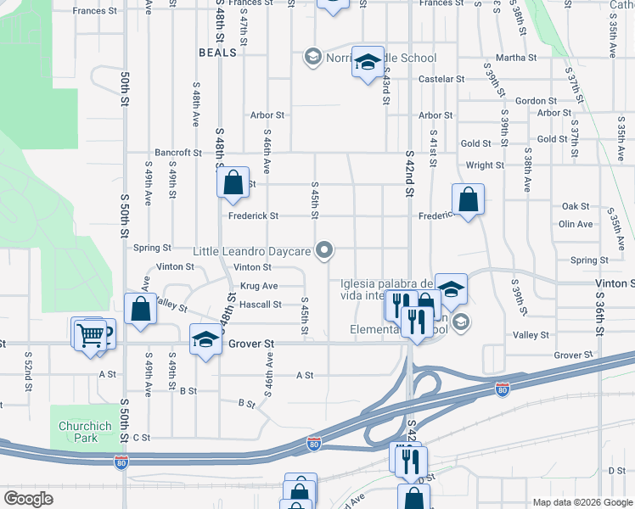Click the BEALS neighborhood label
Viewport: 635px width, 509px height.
pos(216,53)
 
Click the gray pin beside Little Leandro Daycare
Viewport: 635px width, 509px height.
pos(323,249)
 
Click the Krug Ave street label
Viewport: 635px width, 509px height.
pos(259,286)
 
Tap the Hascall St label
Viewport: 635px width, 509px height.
pos(261,305)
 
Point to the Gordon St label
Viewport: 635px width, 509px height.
pos(535,101)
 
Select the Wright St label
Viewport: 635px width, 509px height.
pos(484,165)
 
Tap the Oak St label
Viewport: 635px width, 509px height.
pos(576,206)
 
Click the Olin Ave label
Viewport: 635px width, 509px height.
pos(576,224)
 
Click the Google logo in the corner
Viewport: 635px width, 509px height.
pos(28,499)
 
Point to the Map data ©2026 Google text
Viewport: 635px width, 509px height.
pos(582,502)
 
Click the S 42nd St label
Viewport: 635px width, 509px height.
pos(409,177)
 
